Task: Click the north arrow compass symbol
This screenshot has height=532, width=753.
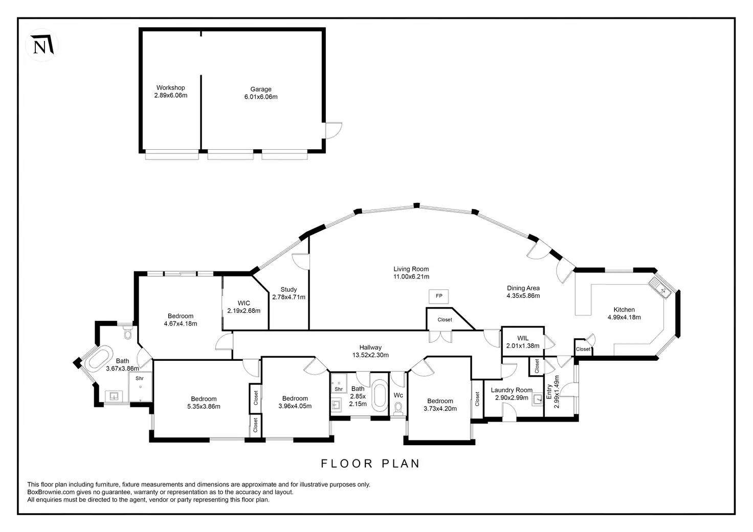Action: point(41,46)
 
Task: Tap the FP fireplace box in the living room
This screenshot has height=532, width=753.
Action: point(439,296)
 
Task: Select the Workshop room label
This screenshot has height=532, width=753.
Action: point(170,88)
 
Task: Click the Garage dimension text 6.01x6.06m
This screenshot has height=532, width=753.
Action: point(261,97)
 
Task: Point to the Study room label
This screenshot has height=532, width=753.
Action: point(289,290)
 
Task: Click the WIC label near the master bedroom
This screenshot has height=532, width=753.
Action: point(244,304)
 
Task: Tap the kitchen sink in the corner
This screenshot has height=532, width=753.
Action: point(660,287)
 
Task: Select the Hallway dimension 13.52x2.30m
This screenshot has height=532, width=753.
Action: point(370,355)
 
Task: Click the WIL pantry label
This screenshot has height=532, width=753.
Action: point(523,338)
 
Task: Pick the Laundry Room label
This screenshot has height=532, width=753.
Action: point(512,390)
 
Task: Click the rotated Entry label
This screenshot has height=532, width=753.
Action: point(549,392)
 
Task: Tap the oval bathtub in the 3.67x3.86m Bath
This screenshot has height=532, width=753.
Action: point(99,359)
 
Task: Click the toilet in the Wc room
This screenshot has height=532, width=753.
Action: point(398,407)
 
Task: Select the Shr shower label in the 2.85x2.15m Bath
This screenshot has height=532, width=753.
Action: point(339,389)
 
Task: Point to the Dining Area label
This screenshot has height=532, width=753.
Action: point(523,288)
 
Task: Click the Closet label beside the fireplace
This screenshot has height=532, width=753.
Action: point(445,320)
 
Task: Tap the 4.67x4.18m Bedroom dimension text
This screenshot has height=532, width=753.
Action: point(181,323)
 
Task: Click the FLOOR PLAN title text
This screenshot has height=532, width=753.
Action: point(370,464)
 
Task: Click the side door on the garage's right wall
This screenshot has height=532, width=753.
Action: point(334,130)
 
